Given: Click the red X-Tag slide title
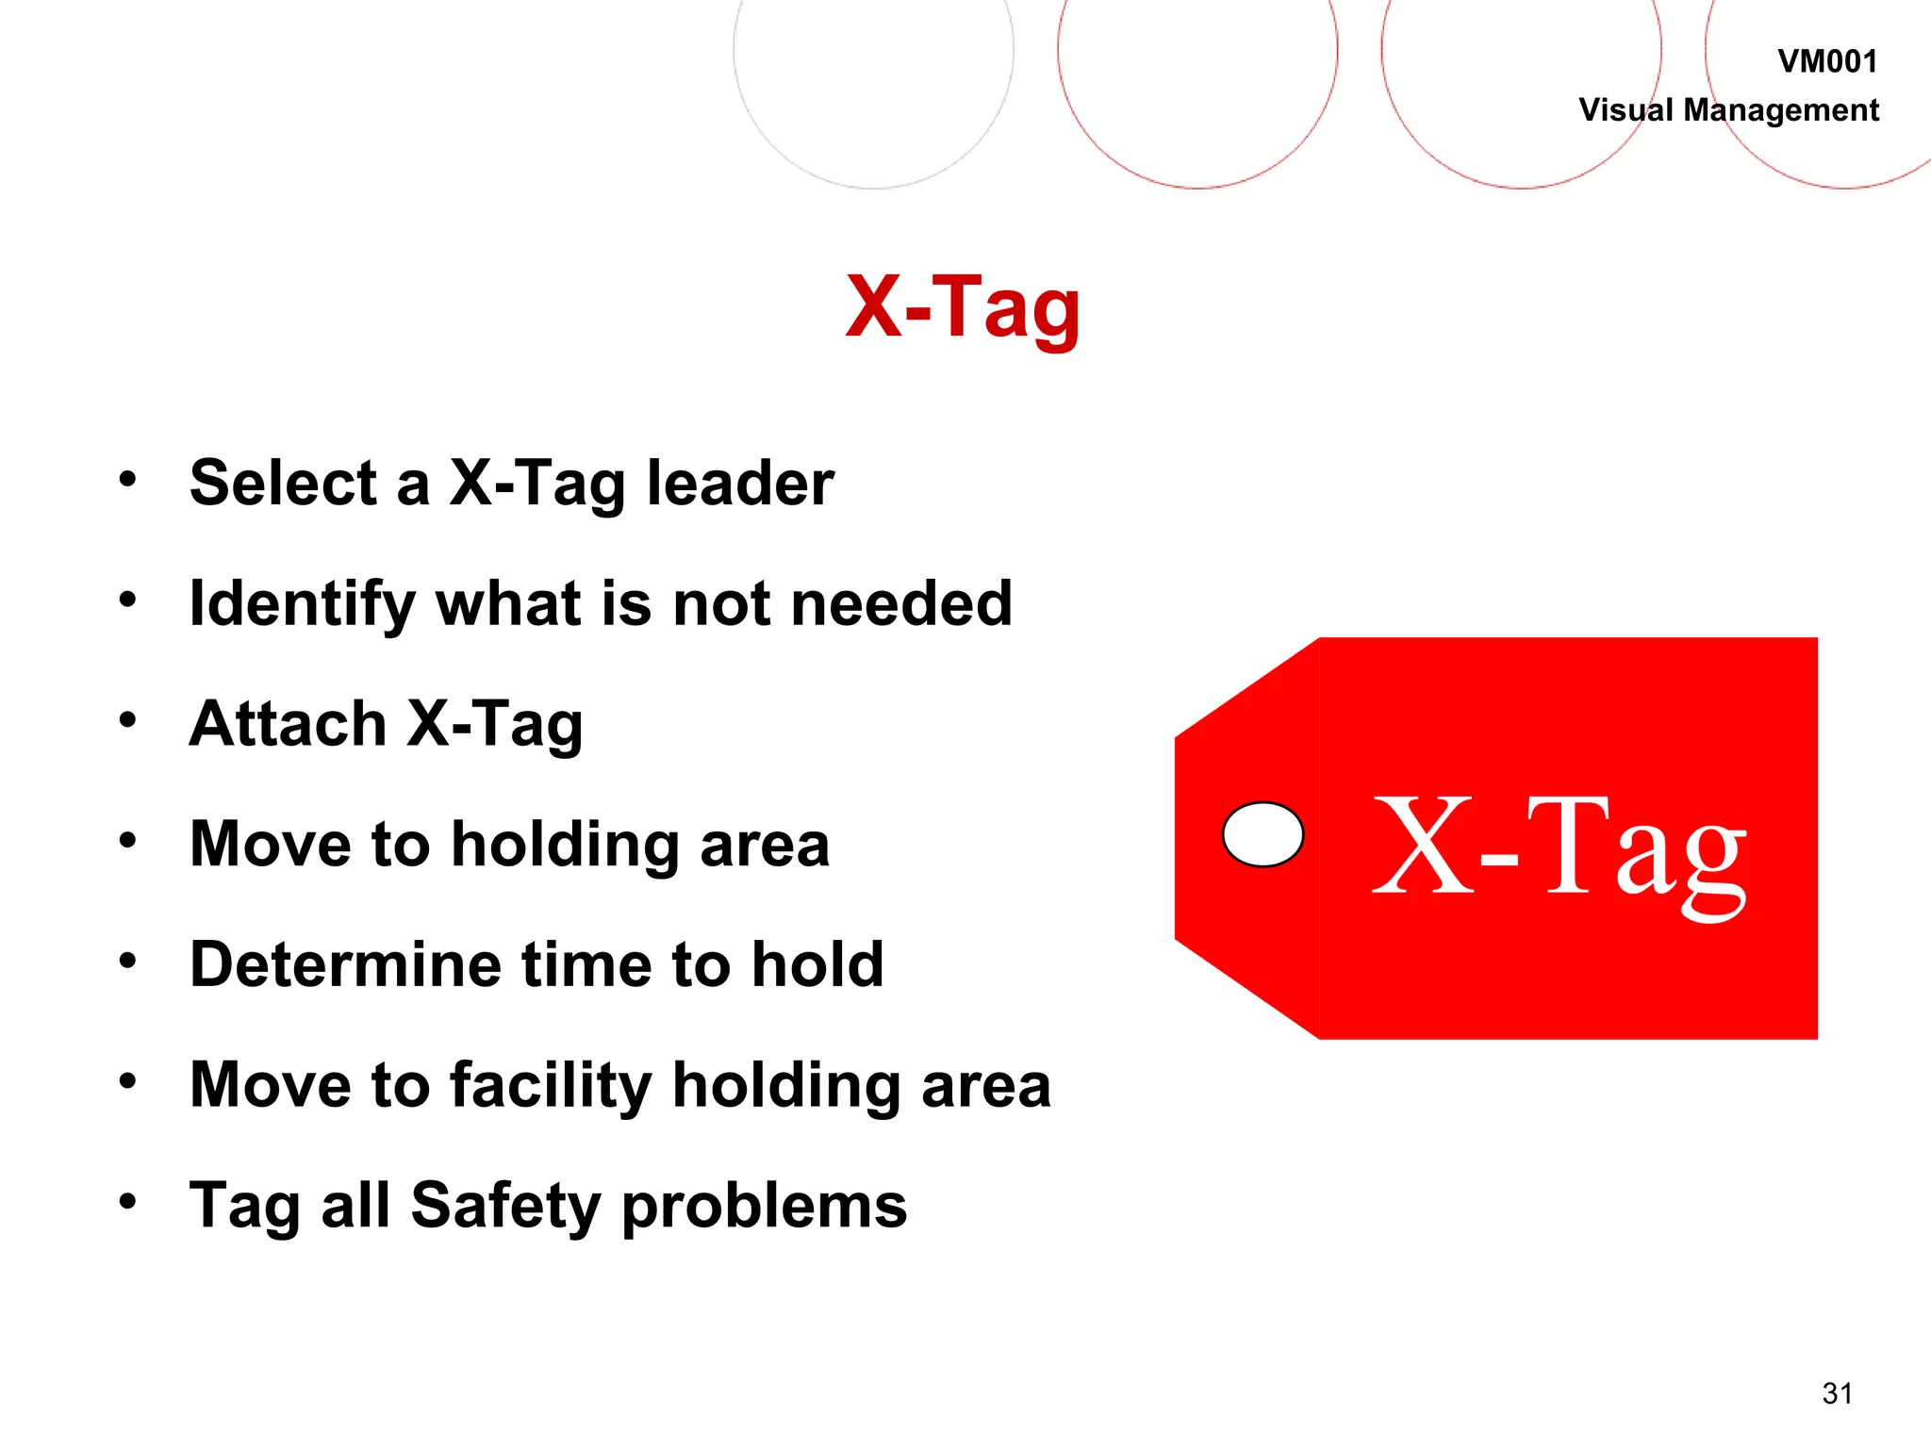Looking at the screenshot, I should point(963,307).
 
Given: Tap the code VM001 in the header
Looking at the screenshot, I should point(1827,62).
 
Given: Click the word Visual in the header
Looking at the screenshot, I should point(1626,110).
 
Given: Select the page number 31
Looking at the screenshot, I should point(1838,1393).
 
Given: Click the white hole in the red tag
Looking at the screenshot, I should point(1263,834).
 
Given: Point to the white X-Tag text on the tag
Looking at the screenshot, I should point(1560,848).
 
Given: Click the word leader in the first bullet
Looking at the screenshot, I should point(740,484).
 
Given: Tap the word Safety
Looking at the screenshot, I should point(505,1207).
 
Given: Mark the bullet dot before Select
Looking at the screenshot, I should point(128,480).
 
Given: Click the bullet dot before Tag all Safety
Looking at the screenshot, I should point(128,1202).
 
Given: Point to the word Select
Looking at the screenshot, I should point(284,484).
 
